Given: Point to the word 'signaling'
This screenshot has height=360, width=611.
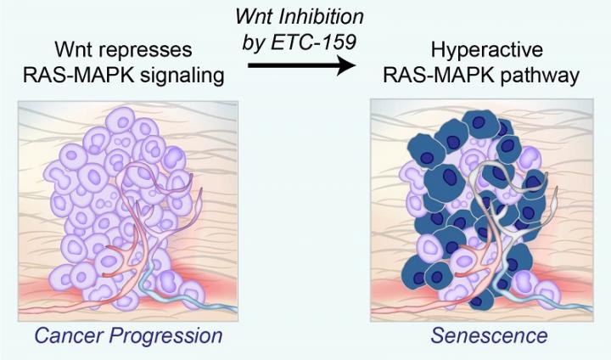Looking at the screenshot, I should (x=181, y=76).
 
